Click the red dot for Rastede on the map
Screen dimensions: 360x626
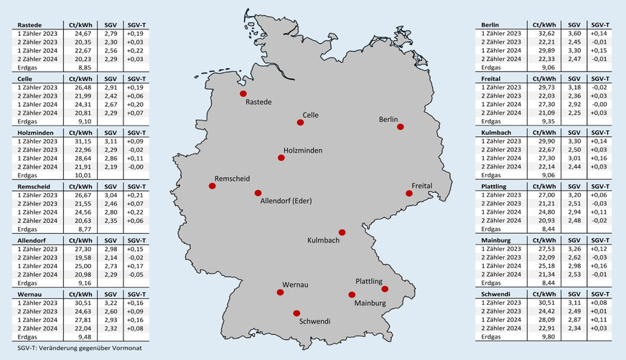243,93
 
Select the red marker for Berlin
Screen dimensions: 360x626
401,127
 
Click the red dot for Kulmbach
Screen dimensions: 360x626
342,232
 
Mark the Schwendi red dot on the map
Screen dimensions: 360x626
296,313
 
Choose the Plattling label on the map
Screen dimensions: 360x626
369,281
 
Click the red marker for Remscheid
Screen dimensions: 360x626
212,186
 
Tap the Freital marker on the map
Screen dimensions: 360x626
409,193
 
